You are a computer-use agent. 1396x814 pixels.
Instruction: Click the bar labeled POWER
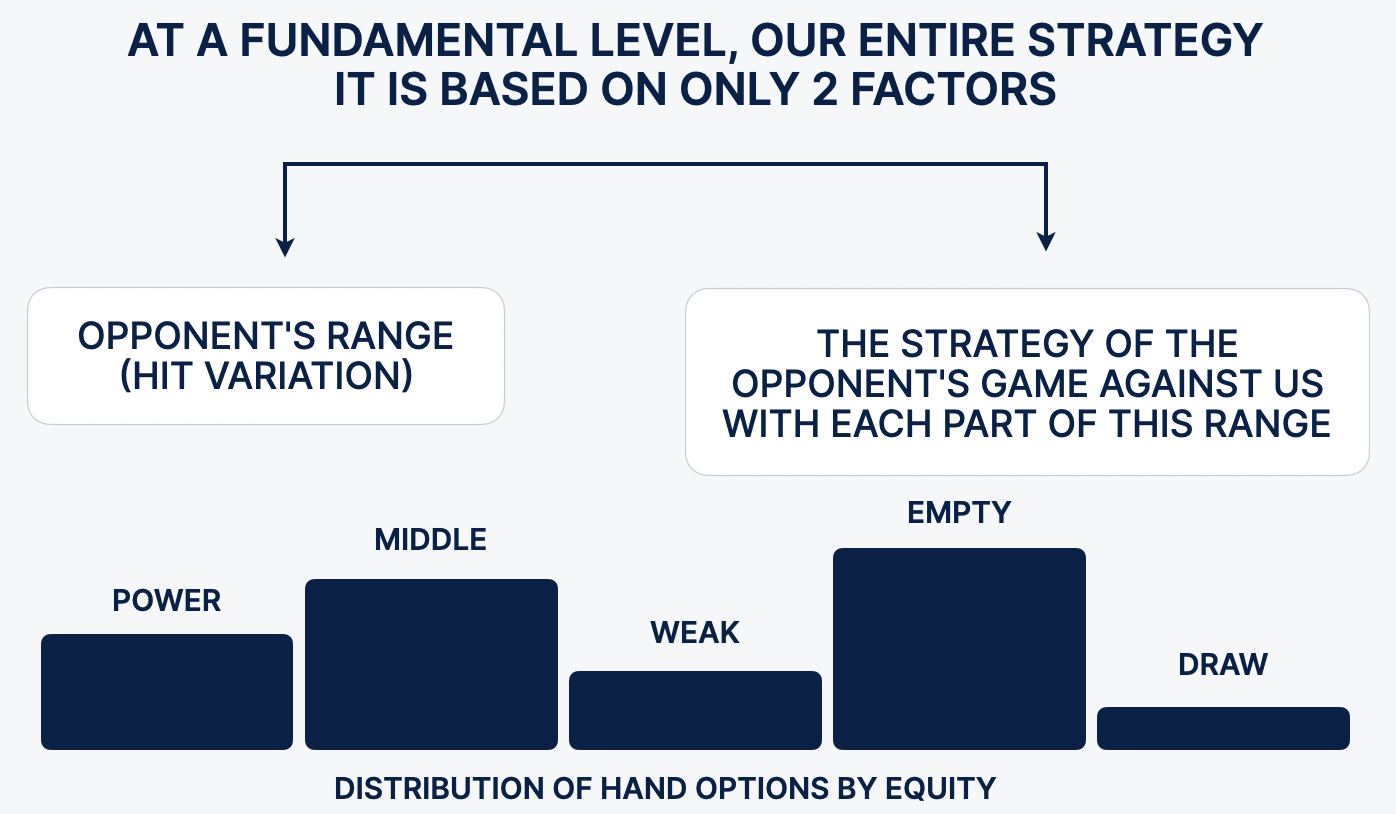point(167,692)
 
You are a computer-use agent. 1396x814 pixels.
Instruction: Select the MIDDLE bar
point(431,664)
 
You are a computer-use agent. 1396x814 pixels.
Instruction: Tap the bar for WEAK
point(696,711)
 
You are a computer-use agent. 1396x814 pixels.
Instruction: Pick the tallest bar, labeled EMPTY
point(959,649)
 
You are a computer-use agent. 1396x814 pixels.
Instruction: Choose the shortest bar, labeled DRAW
point(1223,728)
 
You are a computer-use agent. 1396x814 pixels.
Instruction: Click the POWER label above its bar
point(166,601)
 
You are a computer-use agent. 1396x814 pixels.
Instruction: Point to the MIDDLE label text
point(431,540)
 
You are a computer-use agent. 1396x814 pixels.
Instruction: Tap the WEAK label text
point(695,633)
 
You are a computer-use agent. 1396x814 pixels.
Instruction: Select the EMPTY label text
point(959,513)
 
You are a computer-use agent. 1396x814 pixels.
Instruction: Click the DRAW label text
point(1223,664)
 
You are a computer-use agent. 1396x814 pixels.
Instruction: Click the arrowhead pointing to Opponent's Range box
point(285,247)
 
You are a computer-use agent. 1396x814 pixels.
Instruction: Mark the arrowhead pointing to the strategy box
point(1046,241)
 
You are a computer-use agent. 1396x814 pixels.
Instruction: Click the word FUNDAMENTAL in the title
point(408,41)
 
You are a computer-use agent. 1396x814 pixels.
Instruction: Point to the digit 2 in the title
point(825,89)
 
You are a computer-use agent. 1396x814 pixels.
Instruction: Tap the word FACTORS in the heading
point(954,89)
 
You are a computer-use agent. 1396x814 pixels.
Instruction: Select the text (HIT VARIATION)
point(266,376)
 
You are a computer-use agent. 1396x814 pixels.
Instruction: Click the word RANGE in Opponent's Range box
point(390,337)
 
